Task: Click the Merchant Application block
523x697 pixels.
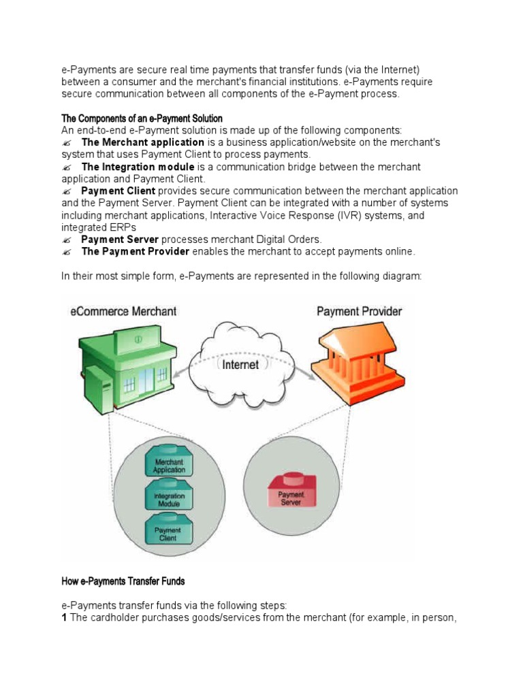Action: point(168,464)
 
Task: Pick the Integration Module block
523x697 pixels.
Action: point(168,500)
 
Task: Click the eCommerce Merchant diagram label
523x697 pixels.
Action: point(123,311)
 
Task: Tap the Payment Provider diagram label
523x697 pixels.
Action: point(359,312)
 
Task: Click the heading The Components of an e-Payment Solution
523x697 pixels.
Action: point(142,118)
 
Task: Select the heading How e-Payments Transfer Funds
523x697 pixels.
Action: point(123,581)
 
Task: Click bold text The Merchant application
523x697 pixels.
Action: point(142,142)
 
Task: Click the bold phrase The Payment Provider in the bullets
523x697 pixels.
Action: point(135,252)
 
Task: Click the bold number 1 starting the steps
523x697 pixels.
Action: point(65,617)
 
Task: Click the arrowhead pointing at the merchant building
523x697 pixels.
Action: point(172,376)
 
